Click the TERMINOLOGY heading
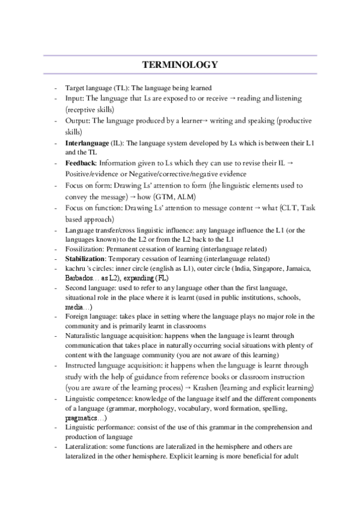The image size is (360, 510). [x=180, y=64]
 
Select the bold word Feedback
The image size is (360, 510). [x=81, y=163]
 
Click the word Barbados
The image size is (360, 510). [x=79, y=278]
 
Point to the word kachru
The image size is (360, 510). [x=75, y=269]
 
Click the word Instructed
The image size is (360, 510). [x=82, y=365]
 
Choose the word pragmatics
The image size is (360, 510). [x=84, y=417]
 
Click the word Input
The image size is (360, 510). [x=75, y=98]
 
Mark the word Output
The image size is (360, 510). [x=77, y=121]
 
